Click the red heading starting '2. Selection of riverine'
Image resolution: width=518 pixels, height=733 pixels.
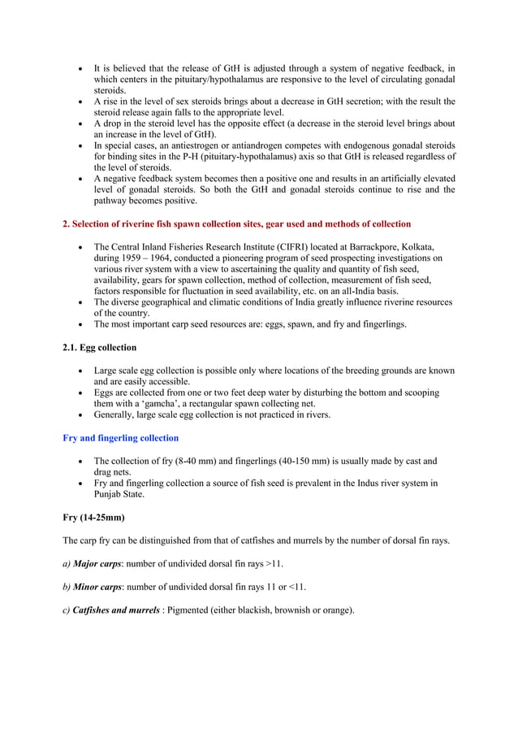(236, 223)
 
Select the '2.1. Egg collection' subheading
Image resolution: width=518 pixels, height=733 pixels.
(99, 348)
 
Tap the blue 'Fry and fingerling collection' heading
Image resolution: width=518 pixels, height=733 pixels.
(120, 438)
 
